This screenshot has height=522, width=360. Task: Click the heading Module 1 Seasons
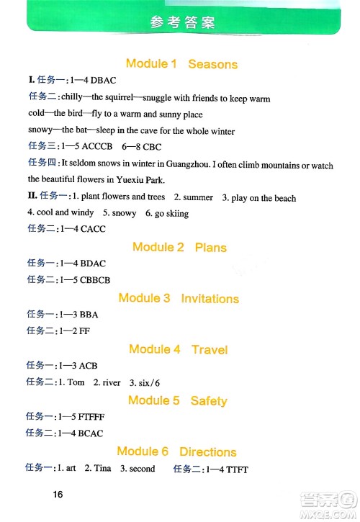click(181, 64)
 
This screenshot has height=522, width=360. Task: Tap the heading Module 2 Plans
click(179, 247)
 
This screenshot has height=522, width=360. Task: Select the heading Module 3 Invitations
click(179, 298)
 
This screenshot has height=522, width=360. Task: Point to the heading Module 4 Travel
click(178, 349)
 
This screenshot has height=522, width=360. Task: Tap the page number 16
click(58, 494)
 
